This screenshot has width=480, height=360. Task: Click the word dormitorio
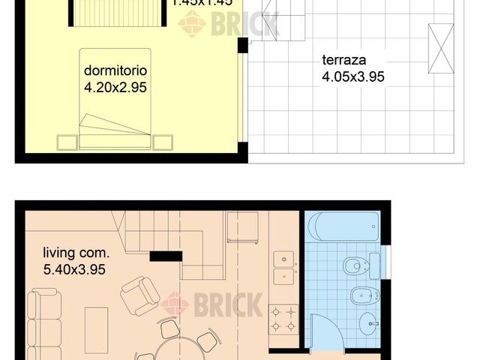[x=115, y=71]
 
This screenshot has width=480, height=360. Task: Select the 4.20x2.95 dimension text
[x=115, y=87]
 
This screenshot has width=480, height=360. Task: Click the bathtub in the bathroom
[x=343, y=226]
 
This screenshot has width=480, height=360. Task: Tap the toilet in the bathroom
[x=358, y=265]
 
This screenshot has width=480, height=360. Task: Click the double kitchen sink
[x=284, y=268]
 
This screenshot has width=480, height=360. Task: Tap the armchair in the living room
[x=139, y=295]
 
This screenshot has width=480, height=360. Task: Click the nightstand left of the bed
[x=65, y=141]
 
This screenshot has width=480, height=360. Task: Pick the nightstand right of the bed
[x=163, y=141]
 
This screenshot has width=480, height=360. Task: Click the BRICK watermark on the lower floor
[x=213, y=304]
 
